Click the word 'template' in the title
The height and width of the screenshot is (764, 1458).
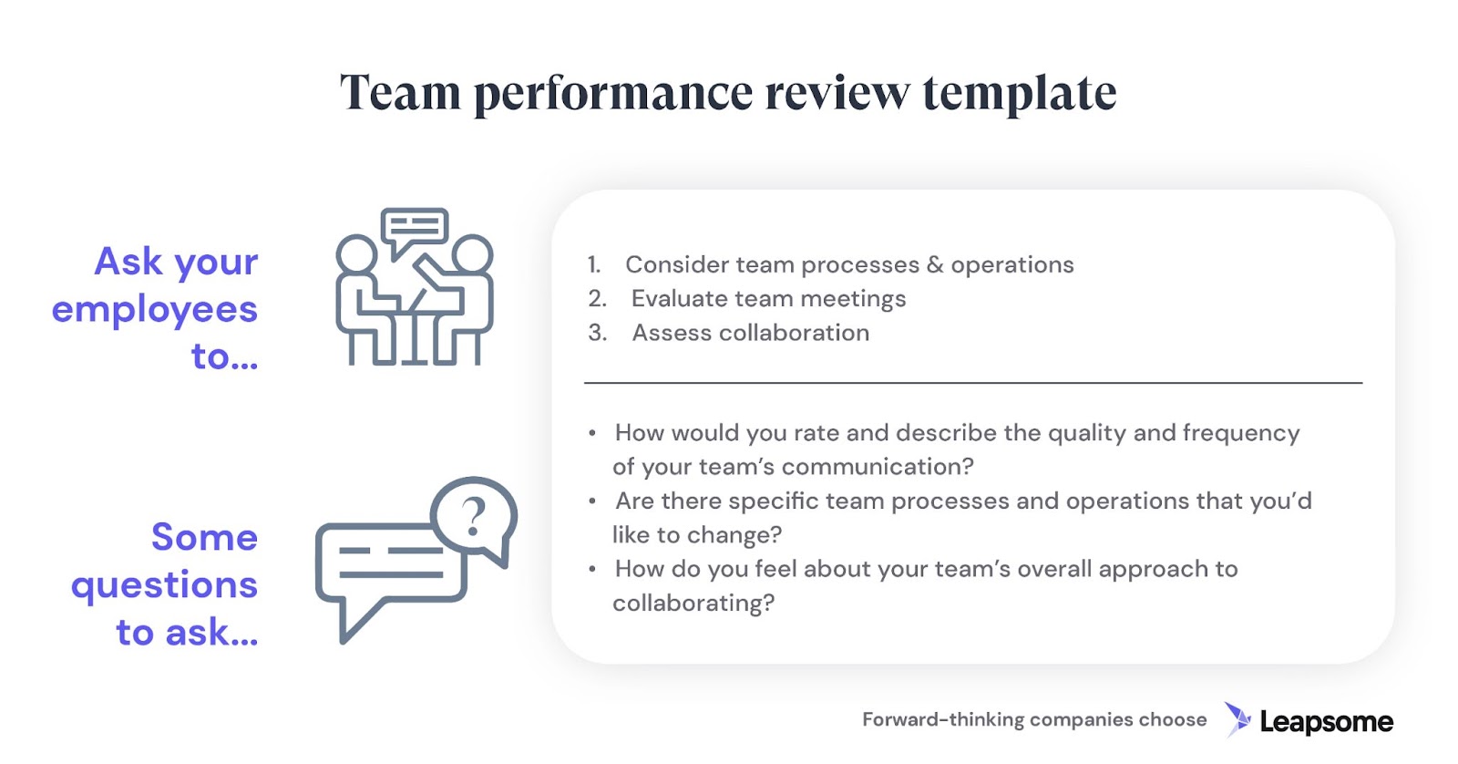pos(1020,93)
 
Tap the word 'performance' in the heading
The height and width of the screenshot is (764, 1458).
pos(613,93)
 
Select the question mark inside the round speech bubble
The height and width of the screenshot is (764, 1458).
pos(473,517)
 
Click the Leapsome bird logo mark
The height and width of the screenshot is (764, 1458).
pos(1237,719)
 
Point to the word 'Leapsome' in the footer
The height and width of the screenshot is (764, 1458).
pos(1327,722)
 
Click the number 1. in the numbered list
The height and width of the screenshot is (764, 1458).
pos(593,264)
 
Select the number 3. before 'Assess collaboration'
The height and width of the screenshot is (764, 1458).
pos(598,332)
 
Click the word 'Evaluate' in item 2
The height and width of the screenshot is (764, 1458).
pos(679,298)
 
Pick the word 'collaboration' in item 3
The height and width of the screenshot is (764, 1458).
pos(794,332)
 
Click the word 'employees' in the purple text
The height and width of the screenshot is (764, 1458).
pos(155,310)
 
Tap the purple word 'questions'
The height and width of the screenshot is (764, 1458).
pos(165,585)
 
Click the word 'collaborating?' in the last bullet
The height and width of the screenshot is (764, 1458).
pos(693,604)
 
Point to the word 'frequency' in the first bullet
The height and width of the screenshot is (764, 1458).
pos(1240,433)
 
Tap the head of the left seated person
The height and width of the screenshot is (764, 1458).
pos(356,254)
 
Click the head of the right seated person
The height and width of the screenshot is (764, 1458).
pos(473,254)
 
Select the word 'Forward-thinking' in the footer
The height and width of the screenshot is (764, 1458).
pos(943,719)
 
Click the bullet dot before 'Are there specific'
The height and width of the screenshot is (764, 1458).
pos(591,501)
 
